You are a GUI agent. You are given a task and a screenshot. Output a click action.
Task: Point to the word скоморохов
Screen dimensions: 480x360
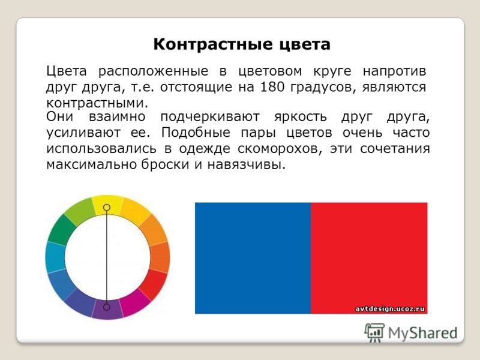click(280, 149)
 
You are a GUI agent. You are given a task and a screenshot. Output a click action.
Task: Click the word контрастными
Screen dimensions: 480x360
click(97, 103)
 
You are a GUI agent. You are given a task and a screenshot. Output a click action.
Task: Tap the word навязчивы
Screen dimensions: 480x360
click(247, 165)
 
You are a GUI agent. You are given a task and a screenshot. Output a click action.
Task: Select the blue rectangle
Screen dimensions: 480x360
click(253, 258)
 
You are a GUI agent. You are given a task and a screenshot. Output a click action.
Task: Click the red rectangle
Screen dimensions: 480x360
click(369, 258)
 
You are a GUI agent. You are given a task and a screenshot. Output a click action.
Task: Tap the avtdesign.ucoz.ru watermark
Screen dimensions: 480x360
click(390, 309)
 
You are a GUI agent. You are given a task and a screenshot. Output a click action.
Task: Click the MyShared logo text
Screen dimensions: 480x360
click(423, 333)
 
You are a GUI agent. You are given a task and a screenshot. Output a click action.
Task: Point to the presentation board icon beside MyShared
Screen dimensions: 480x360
click(374, 332)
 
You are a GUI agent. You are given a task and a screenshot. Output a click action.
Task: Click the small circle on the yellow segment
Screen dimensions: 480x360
click(107, 208)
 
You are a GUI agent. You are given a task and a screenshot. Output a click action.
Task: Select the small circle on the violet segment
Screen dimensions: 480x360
click(107, 307)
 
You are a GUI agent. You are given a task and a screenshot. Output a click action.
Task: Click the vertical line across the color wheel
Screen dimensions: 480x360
click(107, 257)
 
